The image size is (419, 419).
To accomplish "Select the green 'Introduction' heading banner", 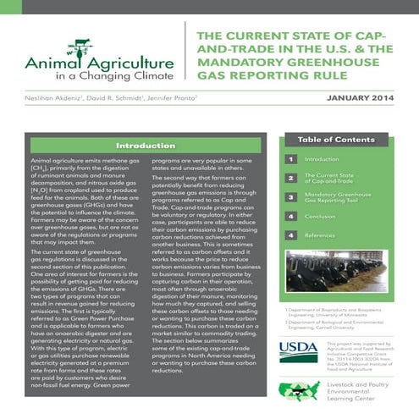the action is click(139, 145).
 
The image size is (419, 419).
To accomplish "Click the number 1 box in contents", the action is click(290, 158).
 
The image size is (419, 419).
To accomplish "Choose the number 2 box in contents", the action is click(290, 178).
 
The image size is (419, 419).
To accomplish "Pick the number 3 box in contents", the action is click(290, 197).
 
